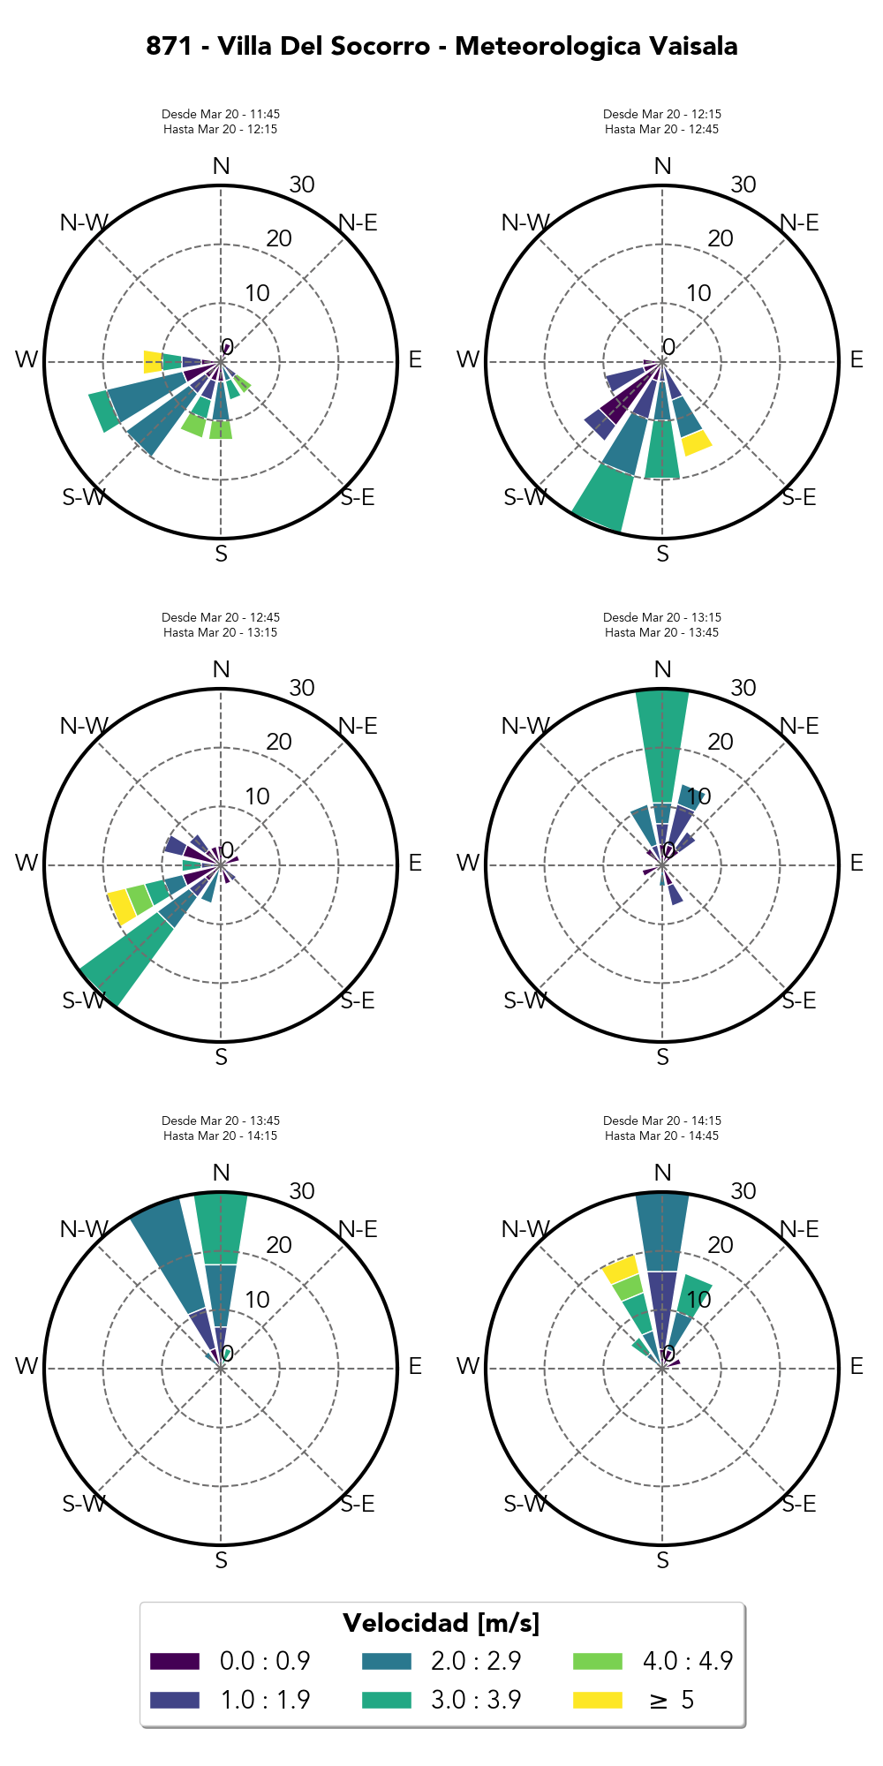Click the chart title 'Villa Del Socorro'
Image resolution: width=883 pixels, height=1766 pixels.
coord(324,46)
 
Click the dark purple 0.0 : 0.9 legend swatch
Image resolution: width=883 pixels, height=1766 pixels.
coord(175,1661)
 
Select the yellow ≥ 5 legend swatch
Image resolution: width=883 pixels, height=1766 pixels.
coord(597,1700)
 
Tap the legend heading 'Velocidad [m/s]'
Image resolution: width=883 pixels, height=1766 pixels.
coord(441,1623)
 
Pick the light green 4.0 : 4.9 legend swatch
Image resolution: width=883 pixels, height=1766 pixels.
coord(597,1661)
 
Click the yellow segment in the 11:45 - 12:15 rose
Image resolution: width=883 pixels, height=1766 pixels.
coord(153,361)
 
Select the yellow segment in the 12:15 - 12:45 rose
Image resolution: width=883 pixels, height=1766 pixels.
coord(697,442)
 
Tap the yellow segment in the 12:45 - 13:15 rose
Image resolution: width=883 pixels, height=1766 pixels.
coord(120,907)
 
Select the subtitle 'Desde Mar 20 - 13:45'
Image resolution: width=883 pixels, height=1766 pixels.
coord(221,1121)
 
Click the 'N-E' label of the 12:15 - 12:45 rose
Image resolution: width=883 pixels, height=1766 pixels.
coord(800,223)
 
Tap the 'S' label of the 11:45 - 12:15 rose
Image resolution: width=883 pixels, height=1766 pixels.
coord(221,554)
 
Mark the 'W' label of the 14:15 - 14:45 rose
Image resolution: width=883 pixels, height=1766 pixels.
coord(467,1366)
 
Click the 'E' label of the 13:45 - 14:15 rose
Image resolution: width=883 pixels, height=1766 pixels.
coord(415,1366)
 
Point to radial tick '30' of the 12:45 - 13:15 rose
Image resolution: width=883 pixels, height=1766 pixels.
coord(302,688)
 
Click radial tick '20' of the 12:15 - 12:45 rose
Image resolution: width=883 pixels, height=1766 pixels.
coord(721,238)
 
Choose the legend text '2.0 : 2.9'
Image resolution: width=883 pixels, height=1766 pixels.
coord(476,1661)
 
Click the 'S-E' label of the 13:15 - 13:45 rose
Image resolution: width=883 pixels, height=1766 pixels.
coord(800,1000)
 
